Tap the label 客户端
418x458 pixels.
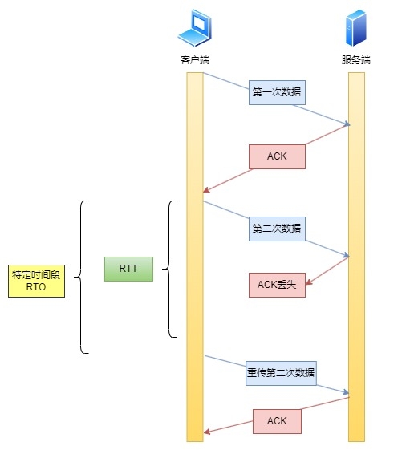coord(194,60)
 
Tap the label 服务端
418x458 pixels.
coord(356,60)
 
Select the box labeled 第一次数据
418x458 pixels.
coord(277,92)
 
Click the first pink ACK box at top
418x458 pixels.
coord(277,156)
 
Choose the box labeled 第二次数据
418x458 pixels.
coord(277,229)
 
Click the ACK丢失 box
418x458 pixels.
coord(277,285)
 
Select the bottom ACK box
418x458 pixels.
coord(277,421)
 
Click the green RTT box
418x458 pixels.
coord(128,269)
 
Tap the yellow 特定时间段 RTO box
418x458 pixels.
coord(36,281)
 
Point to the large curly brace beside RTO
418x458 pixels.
coord(80,277)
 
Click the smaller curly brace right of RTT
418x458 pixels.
coord(169,269)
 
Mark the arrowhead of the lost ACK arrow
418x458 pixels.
coord(310,282)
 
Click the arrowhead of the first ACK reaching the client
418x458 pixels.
coord(206,191)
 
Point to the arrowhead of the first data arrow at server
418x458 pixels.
coord(347,124)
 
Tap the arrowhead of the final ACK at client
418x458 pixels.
coord(206,432)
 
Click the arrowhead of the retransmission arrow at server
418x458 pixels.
coord(347,393)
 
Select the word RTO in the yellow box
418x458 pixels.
coord(36,287)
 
